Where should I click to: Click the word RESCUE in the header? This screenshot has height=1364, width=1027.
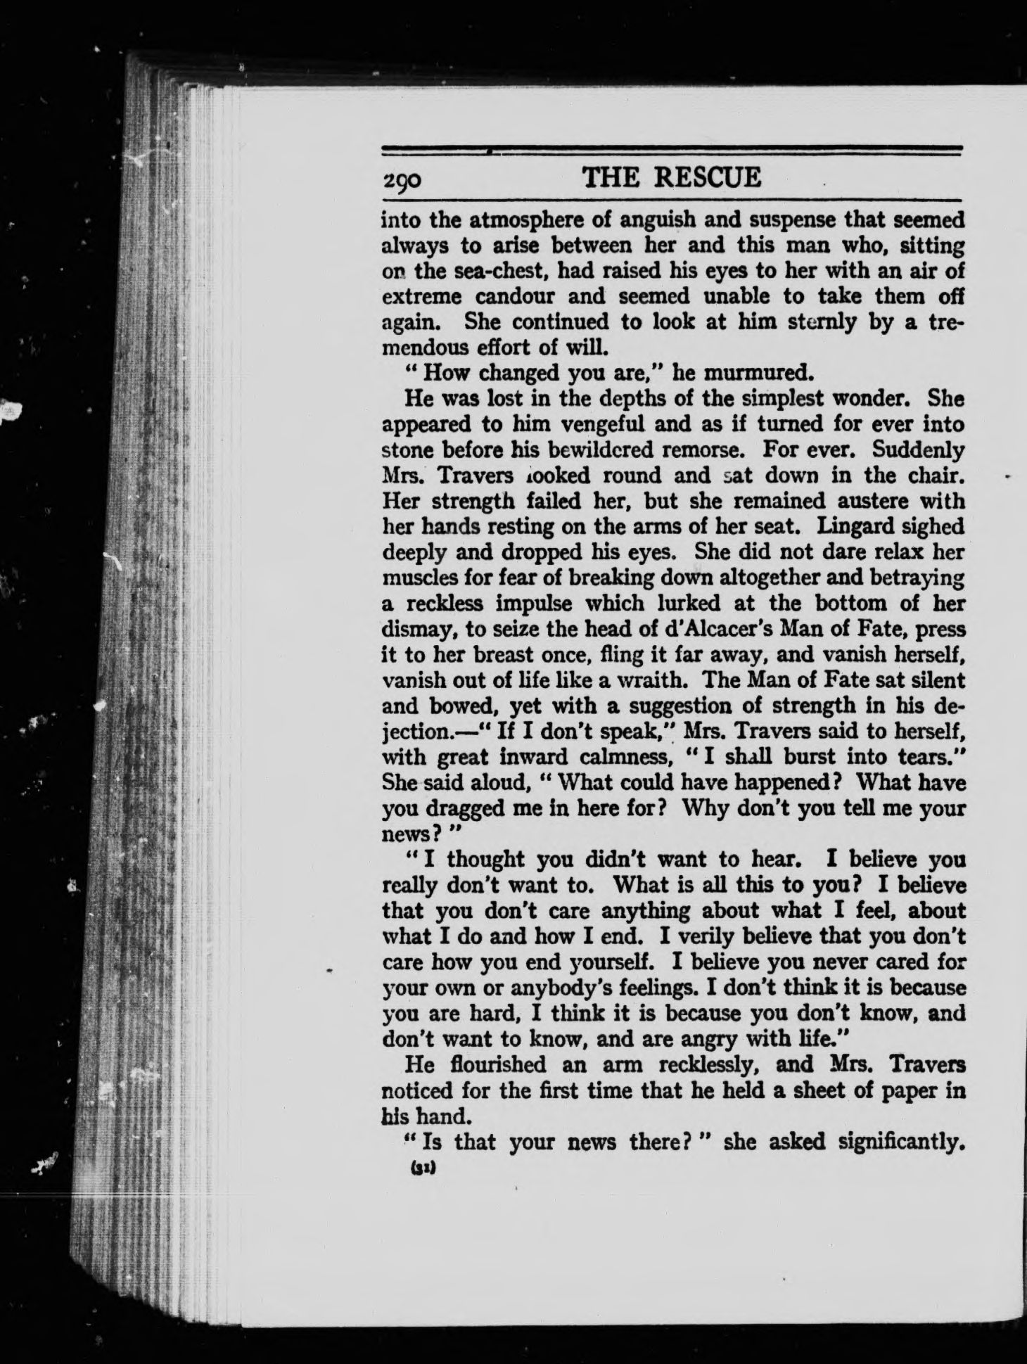[707, 177]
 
